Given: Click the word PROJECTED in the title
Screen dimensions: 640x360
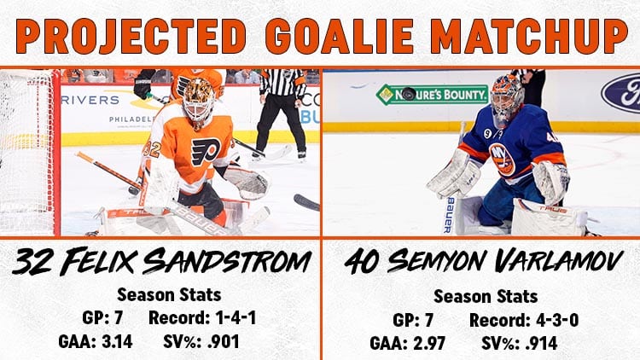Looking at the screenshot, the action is point(131,36).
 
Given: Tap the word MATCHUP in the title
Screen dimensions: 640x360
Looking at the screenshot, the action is point(529,36).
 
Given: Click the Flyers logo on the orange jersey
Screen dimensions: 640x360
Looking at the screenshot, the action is point(207,152).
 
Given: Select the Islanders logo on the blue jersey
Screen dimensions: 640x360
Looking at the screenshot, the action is point(503,160).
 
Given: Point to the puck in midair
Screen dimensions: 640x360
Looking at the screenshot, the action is point(409,94).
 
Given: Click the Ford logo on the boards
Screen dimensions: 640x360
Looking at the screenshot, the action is point(621,94).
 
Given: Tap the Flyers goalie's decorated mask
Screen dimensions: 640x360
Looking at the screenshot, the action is point(199,100).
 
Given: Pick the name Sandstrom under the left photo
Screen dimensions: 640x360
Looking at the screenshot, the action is point(227,261).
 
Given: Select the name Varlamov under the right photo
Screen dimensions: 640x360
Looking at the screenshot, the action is point(559,261).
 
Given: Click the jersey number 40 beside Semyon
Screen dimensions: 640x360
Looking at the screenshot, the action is point(361,262).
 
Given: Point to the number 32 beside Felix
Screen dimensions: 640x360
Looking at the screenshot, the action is point(32,261).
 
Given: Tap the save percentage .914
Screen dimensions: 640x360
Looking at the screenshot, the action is point(541,343).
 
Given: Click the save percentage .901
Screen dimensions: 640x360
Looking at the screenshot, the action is point(223,341).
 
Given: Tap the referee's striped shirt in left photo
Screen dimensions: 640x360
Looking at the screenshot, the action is point(282,82).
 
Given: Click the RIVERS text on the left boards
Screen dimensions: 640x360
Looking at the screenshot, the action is point(90,100).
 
